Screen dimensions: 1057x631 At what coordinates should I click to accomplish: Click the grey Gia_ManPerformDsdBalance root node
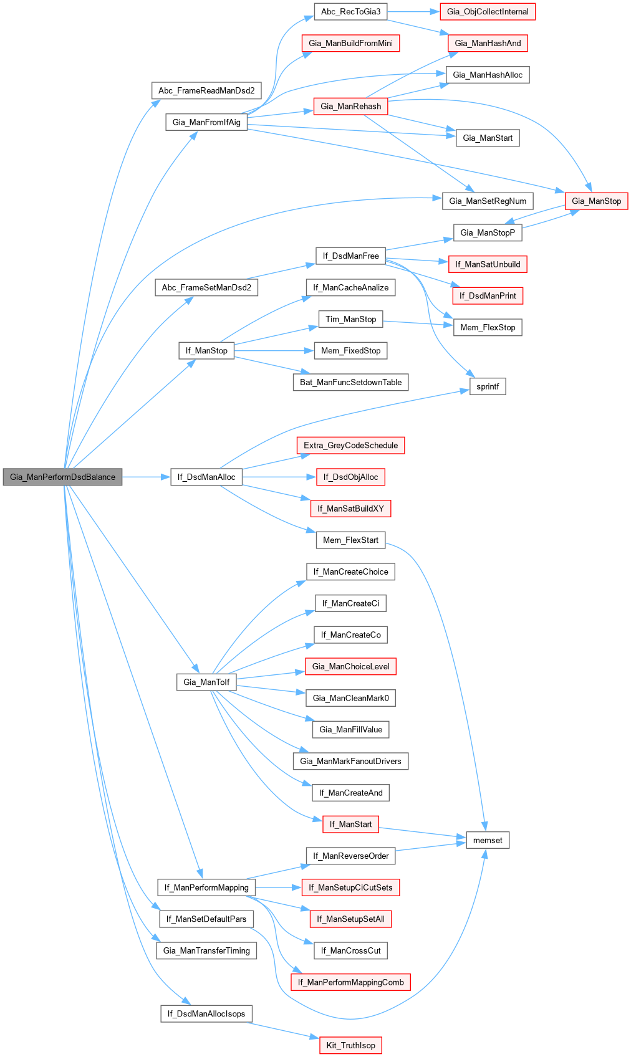point(62,477)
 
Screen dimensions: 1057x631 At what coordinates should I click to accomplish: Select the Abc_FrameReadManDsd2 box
point(206,90)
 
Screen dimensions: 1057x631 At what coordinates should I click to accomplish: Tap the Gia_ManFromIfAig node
point(206,122)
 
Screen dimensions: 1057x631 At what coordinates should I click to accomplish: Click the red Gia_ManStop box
point(596,201)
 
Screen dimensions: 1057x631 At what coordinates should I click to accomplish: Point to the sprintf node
point(488,386)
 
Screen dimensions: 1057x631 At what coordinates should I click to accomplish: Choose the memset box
point(488,840)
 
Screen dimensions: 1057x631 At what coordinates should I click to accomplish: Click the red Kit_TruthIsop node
point(350,1045)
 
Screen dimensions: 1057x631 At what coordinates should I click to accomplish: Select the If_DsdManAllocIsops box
point(206,1013)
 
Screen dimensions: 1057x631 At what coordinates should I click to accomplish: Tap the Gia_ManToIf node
point(206,682)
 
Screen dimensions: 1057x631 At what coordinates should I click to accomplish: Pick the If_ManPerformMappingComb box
point(350,982)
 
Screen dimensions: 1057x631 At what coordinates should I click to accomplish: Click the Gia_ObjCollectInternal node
point(488,12)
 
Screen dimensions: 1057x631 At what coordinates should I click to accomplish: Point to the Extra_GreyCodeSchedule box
point(350,446)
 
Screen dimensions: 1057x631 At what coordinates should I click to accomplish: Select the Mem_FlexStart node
point(350,540)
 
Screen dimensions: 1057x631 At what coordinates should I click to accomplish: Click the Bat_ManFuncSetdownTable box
point(350,382)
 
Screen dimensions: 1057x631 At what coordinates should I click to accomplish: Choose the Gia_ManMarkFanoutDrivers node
point(350,761)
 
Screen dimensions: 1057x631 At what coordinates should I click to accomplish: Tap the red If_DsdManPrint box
point(488,295)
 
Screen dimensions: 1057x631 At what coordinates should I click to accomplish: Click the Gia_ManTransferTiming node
point(206,950)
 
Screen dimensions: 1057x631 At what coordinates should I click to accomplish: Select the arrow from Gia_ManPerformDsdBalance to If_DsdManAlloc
point(147,477)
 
